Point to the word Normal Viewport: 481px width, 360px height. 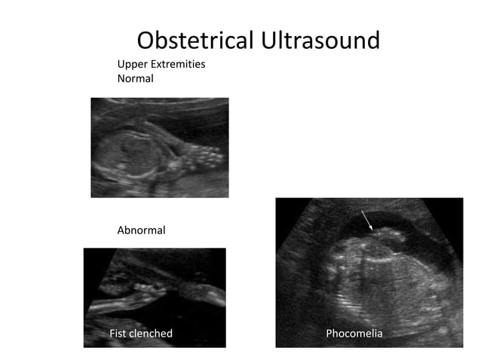click(136, 78)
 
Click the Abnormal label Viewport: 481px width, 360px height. click(141, 230)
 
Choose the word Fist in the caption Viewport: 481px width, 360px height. click(119, 333)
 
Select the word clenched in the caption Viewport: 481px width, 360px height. click(152, 333)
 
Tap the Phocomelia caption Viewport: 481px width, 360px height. click(354, 333)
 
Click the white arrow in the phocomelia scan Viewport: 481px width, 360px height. click(366, 220)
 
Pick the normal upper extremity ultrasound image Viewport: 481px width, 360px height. click(160, 148)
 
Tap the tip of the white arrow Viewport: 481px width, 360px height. click(372, 230)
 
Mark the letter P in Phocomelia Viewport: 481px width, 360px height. click(329, 333)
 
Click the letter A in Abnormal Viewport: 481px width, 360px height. click(121, 230)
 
